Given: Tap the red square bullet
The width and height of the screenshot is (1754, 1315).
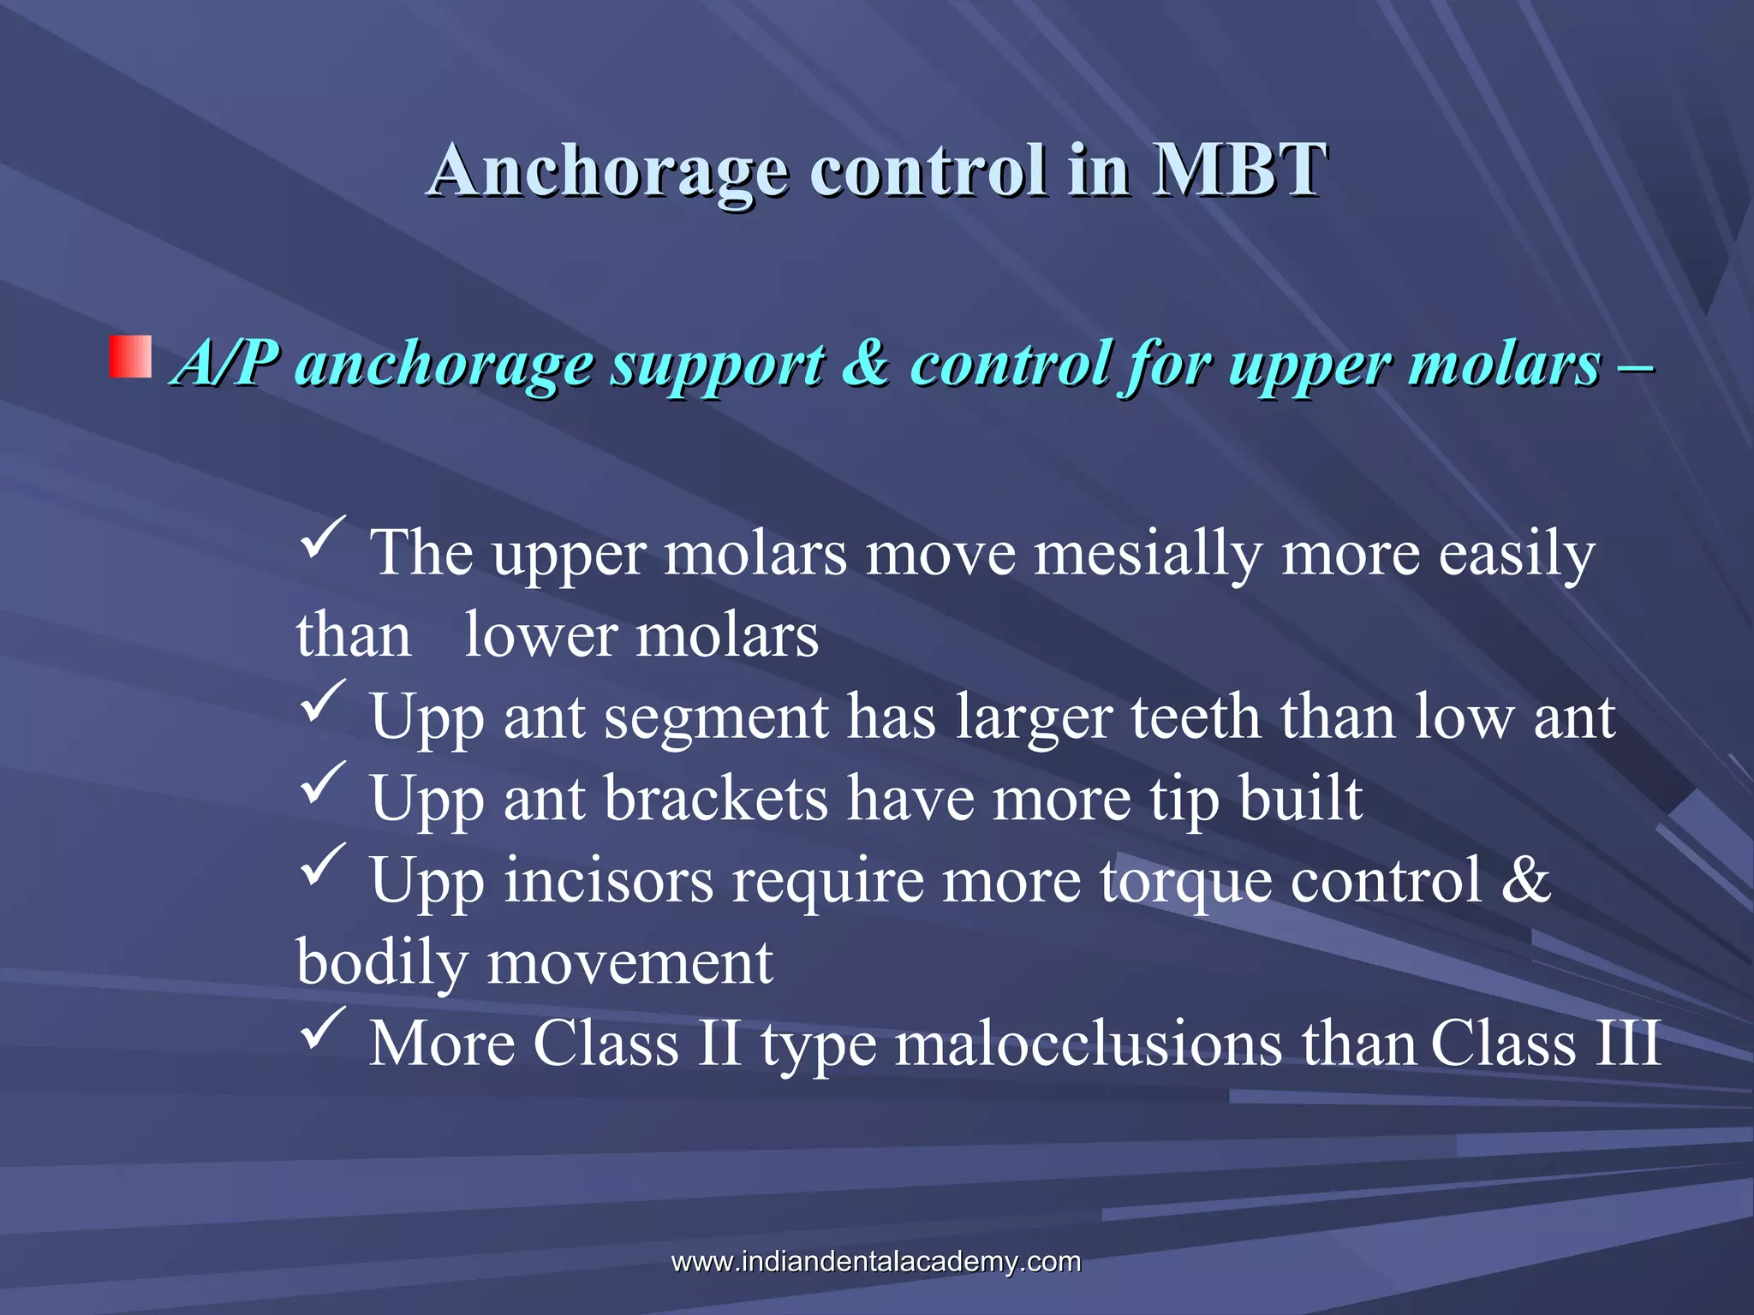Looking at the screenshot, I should (130, 357).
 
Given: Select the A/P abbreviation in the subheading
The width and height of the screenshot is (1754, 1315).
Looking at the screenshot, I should (225, 364).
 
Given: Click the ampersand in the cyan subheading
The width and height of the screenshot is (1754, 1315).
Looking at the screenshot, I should (866, 364).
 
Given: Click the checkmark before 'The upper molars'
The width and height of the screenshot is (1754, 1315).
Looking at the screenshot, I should (323, 538).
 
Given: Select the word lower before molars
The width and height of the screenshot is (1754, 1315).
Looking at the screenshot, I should (540, 636).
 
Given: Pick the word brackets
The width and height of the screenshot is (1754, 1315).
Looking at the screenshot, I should (716, 799).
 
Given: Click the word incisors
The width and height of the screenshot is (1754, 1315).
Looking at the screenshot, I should (608, 880).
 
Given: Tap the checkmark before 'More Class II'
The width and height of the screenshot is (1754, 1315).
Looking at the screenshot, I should (323, 1028).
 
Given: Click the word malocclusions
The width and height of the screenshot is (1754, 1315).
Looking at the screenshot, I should (1088, 1044).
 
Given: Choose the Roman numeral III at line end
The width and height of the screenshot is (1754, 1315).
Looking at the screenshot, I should (1626, 1044).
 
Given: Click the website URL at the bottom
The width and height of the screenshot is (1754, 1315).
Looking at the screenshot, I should (876, 1262).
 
